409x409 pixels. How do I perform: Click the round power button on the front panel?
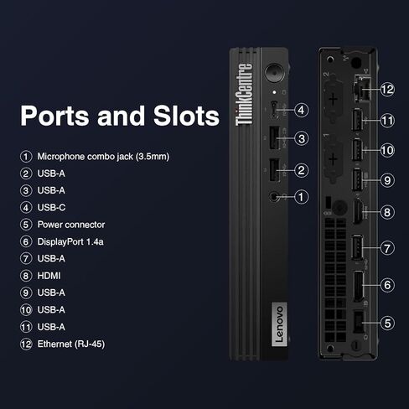coord(274,73)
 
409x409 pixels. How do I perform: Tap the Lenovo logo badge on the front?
coord(279,324)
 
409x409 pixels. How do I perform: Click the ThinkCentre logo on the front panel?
coord(244,95)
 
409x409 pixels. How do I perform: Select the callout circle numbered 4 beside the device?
coord(301,110)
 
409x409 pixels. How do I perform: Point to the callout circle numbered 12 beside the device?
coord(387,90)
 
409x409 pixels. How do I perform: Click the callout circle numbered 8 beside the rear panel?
coord(387,212)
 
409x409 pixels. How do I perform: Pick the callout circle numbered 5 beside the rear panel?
coord(387,324)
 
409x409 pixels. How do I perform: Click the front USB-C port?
coord(274,109)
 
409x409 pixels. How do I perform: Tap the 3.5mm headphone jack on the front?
coord(274,197)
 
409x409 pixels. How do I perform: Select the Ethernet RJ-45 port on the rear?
coord(361,88)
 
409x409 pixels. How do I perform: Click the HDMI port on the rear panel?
coord(358,212)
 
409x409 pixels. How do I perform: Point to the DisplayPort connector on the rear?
coord(359,286)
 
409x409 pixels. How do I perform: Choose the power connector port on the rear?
coord(359,322)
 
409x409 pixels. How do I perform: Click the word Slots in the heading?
coord(186,116)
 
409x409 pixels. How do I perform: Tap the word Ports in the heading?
coord(54,116)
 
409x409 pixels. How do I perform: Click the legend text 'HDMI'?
coord(49,276)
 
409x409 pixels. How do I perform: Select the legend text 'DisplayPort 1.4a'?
coord(70,241)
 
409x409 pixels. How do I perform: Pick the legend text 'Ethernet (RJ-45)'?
coord(71,344)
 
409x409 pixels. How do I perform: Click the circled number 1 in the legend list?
coord(26,157)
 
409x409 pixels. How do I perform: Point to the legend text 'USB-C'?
coord(51,208)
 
